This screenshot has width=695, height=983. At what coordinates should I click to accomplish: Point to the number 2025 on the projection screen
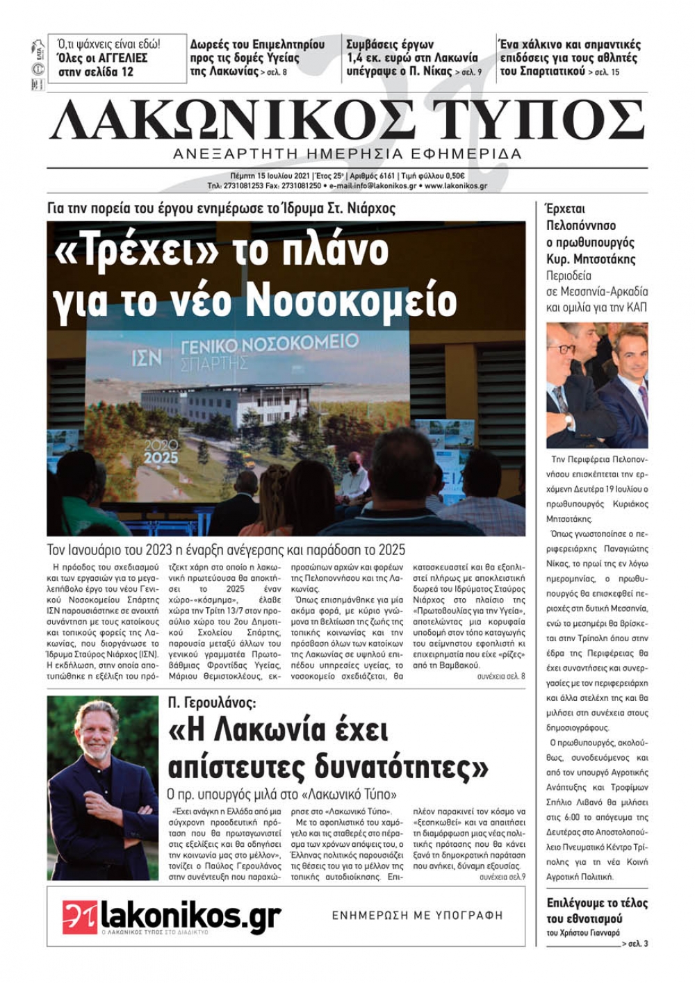click(161, 458)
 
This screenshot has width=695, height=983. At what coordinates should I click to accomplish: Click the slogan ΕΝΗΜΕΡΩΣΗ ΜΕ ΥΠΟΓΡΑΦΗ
click(417, 916)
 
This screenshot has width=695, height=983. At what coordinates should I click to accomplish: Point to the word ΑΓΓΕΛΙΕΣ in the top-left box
click(115, 58)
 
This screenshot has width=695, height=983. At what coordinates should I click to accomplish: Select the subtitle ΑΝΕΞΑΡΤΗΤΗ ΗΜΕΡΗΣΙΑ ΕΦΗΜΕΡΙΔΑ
click(347, 154)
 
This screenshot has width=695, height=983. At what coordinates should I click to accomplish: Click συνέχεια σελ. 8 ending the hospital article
click(501, 676)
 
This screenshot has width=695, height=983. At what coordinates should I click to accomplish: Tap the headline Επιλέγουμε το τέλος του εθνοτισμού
click(597, 910)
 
